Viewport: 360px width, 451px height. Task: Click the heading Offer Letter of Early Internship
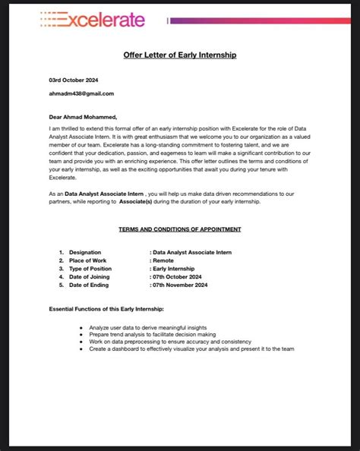(180, 55)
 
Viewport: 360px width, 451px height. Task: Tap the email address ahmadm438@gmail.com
(81, 94)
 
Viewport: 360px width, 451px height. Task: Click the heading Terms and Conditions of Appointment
(180, 229)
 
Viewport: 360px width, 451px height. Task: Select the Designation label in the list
(85, 252)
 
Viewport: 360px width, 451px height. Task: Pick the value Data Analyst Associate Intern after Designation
(191, 252)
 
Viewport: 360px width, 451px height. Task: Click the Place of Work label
(90, 260)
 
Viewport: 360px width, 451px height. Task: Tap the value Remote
(163, 260)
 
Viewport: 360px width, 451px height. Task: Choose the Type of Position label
(90, 269)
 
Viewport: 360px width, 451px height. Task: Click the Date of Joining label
(89, 277)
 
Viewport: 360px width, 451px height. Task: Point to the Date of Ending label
(88, 285)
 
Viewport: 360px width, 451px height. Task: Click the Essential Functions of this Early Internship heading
(106, 310)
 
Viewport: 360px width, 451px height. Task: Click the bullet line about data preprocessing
(171, 342)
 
